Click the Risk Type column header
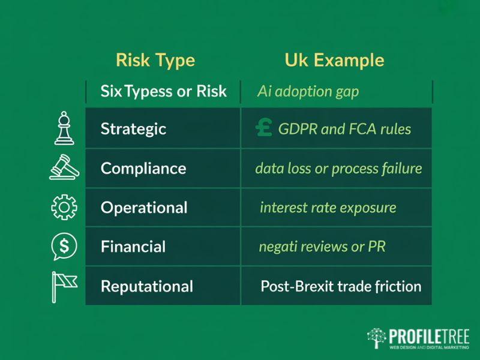[x=155, y=61]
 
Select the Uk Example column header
[x=334, y=61]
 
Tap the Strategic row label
[x=133, y=128]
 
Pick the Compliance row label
[x=143, y=168]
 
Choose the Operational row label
[x=144, y=208]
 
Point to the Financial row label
[x=133, y=247]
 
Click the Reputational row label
[x=147, y=286]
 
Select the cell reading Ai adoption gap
[x=308, y=91]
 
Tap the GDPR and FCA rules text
[x=344, y=128]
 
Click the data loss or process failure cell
[x=338, y=168]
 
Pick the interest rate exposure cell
[x=328, y=208]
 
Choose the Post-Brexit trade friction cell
[x=341, y=286]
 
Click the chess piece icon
[x=64, y=128]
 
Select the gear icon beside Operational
[x=64, y=207]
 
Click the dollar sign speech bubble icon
[x=64, y=246]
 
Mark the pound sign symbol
[x=263, y=127]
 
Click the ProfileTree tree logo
[x=376, y=338]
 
